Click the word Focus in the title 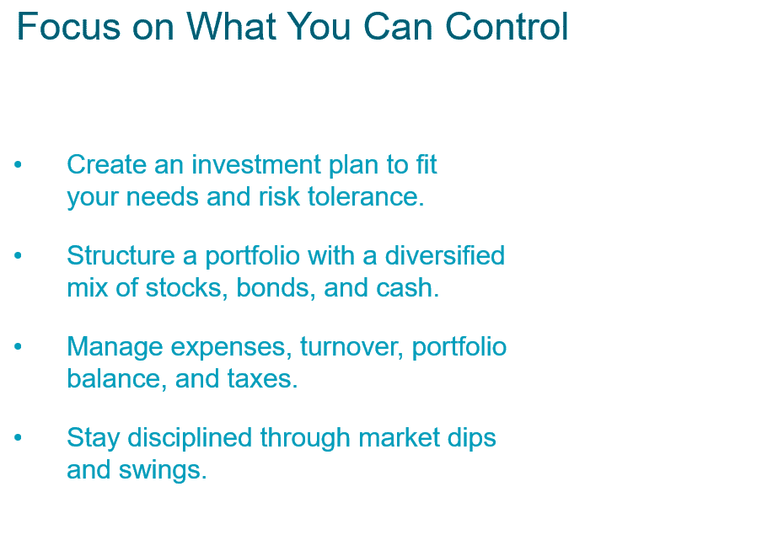click(68, 26)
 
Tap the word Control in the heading click(507, 26)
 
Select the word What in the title click(231, 26)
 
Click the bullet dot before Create click(18, 165)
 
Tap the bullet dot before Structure click(18, 255)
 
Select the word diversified click(445, 255)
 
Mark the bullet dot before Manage click(18, 346)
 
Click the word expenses click(231, 347)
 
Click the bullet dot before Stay click(18, 437)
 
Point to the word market click(399, 437)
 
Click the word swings click(163, 470)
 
